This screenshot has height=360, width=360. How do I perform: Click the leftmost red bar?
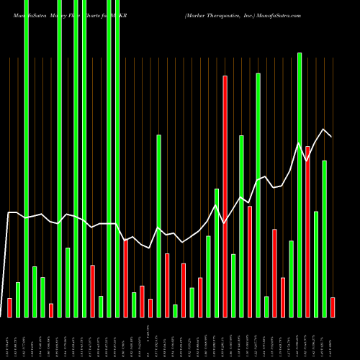coord(9,307)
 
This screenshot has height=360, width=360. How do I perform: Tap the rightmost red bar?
coord(333,307)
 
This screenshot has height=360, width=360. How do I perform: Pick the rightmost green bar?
coord(324,238)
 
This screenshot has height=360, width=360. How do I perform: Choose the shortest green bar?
coord(175,310)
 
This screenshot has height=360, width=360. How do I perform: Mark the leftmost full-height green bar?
coord(26,158)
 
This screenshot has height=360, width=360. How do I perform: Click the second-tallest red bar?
coord(307,231)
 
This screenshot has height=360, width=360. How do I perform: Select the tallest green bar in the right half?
coord(300,184)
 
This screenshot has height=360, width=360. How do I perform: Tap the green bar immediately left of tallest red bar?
coord(217,252)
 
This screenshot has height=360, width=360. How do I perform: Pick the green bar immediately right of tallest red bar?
coord(233,285)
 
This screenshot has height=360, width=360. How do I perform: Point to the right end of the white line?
coord(331,136)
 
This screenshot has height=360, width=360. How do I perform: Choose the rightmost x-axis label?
coord(333,338)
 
